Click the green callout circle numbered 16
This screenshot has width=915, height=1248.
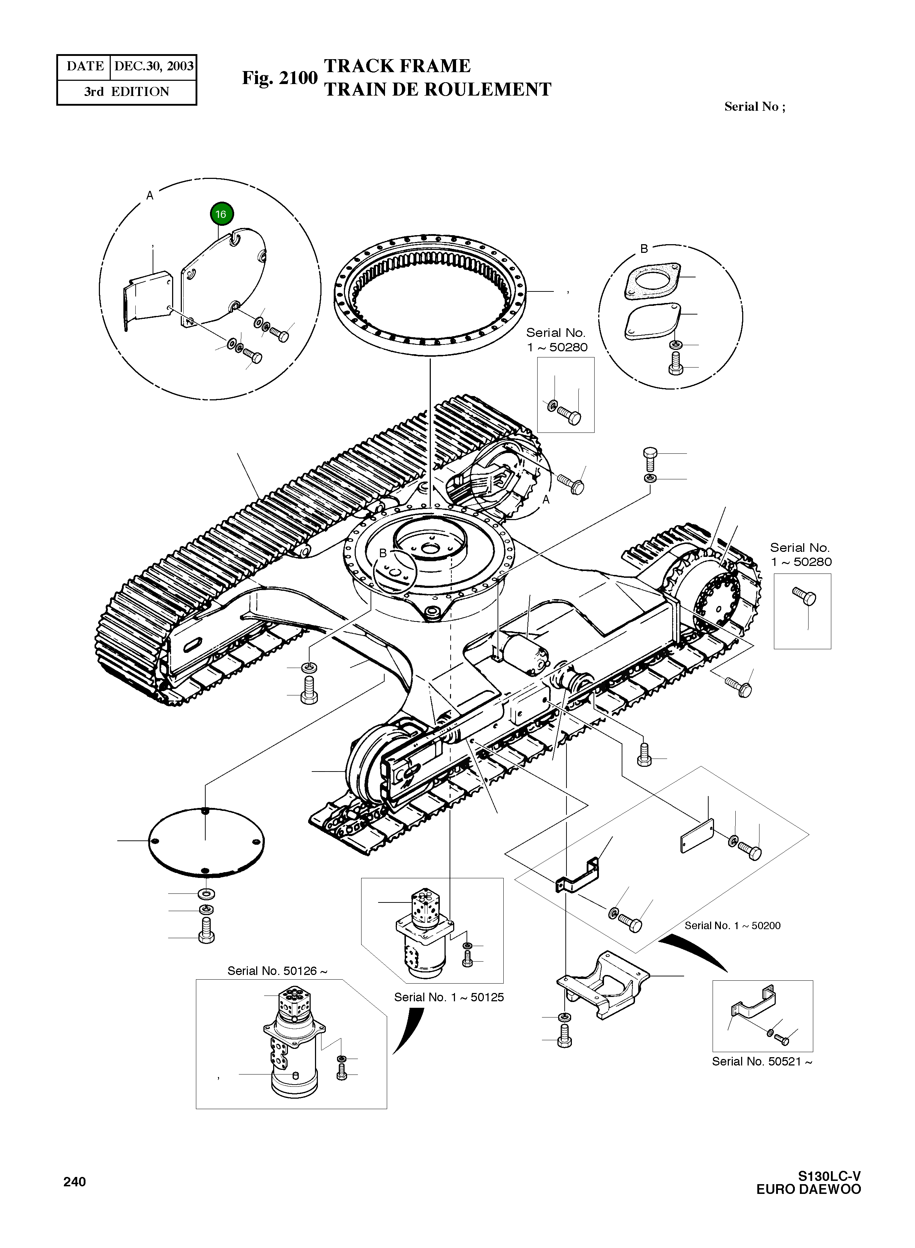point(222,214)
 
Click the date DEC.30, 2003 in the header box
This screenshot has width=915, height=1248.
point(153,66)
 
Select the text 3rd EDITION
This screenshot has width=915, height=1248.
point(126,92)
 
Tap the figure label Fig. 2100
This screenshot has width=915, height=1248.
point(279,78)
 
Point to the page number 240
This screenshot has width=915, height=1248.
point(75,1182)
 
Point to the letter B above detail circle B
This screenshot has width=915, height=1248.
point(644,249)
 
